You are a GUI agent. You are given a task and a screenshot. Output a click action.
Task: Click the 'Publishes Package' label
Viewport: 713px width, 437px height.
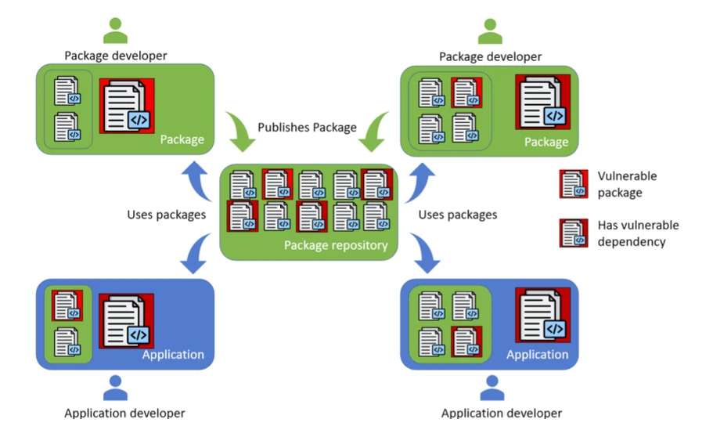tap(307, 127)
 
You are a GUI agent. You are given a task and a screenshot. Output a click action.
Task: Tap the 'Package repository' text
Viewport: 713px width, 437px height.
tap(336, 245)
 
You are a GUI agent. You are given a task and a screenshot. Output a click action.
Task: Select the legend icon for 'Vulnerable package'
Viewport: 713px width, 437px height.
tap(574, 184)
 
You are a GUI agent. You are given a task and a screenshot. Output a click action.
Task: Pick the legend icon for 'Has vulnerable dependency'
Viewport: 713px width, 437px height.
tap(574, 233)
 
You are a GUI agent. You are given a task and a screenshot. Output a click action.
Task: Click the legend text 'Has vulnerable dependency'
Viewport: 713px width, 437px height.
tap(638, 233)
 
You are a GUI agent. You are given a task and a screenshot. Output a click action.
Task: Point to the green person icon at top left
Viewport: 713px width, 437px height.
tap(115, 31)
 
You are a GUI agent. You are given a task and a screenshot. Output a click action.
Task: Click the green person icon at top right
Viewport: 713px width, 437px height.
tap(490, 31)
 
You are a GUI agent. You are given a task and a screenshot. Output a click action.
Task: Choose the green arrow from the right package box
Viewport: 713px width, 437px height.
tap(373, 131)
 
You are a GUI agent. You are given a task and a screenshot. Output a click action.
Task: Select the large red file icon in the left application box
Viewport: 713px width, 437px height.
tap(126, 322)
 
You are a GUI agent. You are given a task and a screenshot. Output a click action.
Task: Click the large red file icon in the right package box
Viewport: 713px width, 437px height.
tap(542, 102)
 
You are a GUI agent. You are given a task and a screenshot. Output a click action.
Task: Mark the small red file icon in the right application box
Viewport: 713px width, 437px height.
tap(466, 341)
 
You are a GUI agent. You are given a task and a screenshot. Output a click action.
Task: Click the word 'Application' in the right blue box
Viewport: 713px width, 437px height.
tap(537, 355)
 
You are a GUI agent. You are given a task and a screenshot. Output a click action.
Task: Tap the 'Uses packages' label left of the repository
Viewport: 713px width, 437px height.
tap(166, 214)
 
